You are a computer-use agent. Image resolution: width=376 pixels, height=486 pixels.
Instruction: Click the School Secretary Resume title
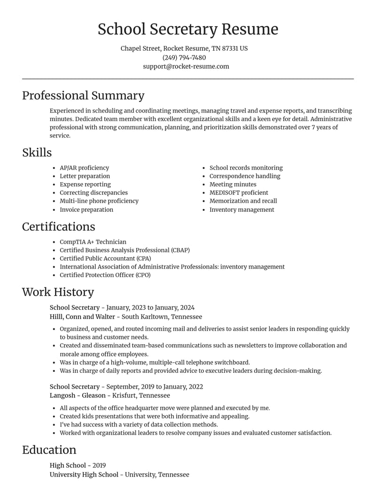(188, 29)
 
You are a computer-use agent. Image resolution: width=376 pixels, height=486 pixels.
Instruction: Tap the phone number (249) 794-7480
(184, 57)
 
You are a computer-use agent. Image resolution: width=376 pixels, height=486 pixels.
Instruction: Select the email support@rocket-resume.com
(186, 66)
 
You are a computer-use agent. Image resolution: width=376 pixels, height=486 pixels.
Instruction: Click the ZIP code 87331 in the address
(229, 48)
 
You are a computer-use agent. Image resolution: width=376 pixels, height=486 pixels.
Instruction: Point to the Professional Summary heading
(83, 96)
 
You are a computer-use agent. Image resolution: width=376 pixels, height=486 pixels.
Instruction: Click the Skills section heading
(37, 153)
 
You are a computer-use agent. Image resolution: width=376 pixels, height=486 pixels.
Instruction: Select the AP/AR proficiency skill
(84, 168)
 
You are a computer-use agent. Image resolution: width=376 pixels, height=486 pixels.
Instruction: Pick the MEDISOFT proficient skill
(239, 193)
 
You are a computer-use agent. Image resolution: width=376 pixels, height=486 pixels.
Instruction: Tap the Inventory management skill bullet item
(242, 209)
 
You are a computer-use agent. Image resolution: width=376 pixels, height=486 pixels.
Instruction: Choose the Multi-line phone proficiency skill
(99, 201)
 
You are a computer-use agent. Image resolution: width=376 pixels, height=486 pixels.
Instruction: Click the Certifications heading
(59, 227)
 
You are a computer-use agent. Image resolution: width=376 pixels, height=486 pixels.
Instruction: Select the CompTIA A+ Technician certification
(93, 242)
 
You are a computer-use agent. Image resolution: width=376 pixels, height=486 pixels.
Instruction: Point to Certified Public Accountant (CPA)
(105, 258)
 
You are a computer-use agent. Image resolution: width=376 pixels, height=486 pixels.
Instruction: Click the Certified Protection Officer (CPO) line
(105, 275)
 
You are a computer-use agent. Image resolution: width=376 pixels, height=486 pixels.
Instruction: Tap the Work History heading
(58, 292)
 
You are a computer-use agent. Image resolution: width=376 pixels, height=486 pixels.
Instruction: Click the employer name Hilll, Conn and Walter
(82, 316)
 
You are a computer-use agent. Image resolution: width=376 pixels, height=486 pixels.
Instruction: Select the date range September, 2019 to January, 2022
(155, 386)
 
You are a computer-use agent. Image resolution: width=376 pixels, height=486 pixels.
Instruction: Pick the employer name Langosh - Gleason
(78, 395)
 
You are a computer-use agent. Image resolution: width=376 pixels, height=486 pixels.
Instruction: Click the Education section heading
(49, 450)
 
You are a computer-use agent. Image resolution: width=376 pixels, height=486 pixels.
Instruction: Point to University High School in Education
(84, 475)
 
